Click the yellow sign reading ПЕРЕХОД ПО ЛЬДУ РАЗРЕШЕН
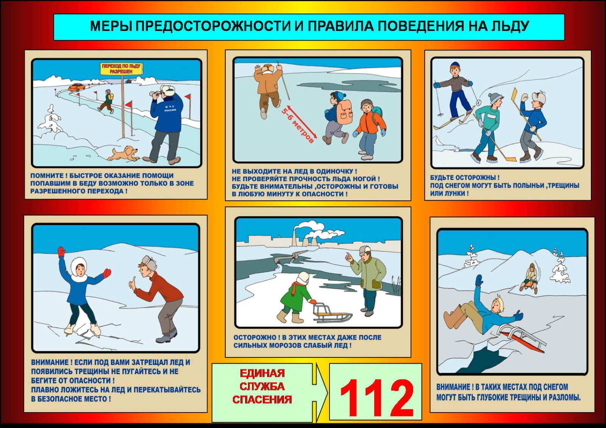click(121, 68)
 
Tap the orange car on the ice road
click(76, 87)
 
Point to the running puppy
click(124, 153)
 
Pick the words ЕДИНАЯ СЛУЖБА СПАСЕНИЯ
click(262, 386)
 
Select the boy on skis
click(456, 95)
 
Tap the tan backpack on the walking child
click(344, 111)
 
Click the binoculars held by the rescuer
click(155, 95)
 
